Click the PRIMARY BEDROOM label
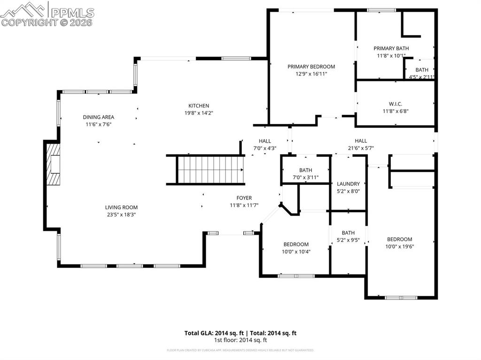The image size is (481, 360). pyautogui.click(x=311, y=67)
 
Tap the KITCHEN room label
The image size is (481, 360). pyautogui.click(x=199, y=106)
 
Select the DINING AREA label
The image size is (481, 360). pyautogui.click(x=99, y=117)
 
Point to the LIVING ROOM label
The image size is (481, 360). pyautogui.click(x=121, y=207)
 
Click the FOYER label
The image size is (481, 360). pyautogui.click(x=244, y=198)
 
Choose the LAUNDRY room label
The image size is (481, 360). pyautogui.click(x=348, y=184)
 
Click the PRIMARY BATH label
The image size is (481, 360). pyautogui.click(x=391, y=48)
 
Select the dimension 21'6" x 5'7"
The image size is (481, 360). pyautogui.click(x=361, y=148)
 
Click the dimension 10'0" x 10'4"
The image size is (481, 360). pyautogui.click(x=296, y=252)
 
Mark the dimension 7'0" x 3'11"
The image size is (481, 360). pyautogui.click(x=305, y=177)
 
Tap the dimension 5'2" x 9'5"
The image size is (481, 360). pyautogui.click(x=348, y=240)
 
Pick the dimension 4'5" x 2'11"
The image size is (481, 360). pyautogui.click(x=421, y=77)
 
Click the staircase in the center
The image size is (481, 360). pyautogui.click(x=210, y=170)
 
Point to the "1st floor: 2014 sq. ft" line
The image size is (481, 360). pyautogui.click(x=240, y=340)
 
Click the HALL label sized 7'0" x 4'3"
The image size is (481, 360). pyautogui.click(x=264, y=141)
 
